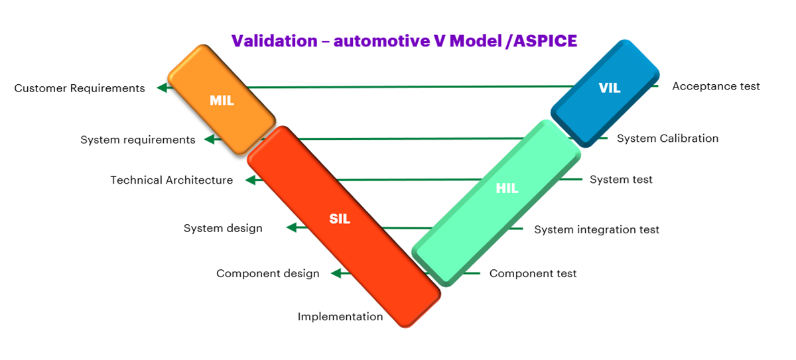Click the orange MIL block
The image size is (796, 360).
(222, 100)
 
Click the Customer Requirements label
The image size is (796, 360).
(80, 88)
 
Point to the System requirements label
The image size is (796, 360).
(138, 140)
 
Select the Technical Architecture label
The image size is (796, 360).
(172, 180)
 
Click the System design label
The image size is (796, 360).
(223, 228)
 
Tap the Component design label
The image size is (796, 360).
(268, 273)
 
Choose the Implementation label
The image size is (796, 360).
(340, 316)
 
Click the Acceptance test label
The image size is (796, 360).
(716, 86)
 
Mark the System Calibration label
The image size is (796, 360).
(667, 139)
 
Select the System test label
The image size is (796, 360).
(621, 180)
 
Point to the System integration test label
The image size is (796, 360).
(596, 229)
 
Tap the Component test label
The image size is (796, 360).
(533, 273)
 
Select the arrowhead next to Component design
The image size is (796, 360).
(336, 273)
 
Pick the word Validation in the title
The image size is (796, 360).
(274, 41)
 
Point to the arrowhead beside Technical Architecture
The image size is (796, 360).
(250, 180)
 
